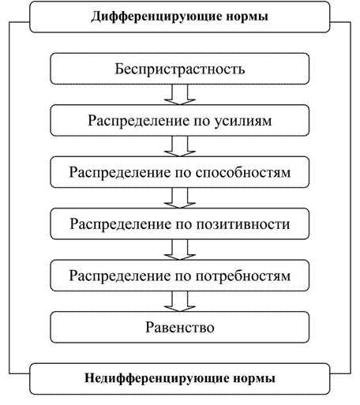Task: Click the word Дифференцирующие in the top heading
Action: [156, 17]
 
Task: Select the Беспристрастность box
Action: [180, 69]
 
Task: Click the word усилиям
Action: [243, 121]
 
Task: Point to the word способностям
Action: [243, 173]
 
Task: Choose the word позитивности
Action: [243, 224]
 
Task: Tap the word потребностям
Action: [243, 276]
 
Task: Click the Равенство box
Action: [180, 328]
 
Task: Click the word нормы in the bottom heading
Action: [254, 379]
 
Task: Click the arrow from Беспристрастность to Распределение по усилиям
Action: [180, 95]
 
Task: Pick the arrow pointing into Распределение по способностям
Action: [180, 146]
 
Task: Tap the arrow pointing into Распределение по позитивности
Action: [180, 198]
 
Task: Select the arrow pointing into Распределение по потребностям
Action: [180, 249]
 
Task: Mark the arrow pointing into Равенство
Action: [180, 302]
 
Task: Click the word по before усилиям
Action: [202, 122]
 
